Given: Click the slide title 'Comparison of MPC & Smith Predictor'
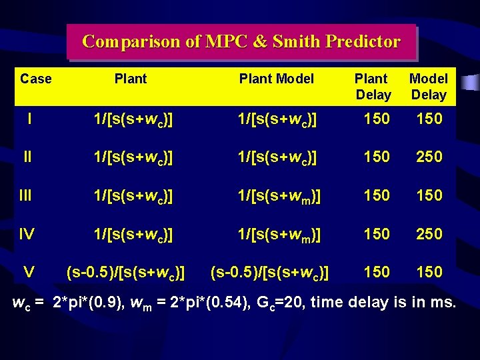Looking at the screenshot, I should click(241, 42).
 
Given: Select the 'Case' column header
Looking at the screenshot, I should click(36, 79).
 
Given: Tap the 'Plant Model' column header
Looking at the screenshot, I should click(276, 79).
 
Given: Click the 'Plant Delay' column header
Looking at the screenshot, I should click(373, 87).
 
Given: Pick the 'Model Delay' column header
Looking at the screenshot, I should click(429, 87).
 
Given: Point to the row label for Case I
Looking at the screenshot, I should click(30, 119).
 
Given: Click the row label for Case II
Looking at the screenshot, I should click(27, 157).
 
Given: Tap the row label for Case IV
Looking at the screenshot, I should click(27, 233).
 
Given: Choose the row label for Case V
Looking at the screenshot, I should click(29, 271).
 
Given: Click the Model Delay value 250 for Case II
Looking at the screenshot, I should click(429, 157).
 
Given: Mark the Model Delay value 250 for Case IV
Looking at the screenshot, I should click(429, 233).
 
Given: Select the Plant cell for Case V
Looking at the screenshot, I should click(125, 272).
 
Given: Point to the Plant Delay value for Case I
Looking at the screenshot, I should click(377, 119).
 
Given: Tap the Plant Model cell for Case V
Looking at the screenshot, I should click(270, 272).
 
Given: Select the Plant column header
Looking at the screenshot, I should click(131, 79).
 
